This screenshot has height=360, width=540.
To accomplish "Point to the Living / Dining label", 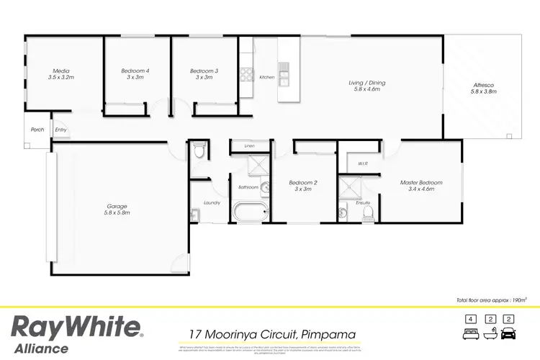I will (x=365, y=85).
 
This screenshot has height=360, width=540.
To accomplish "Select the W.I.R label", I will (x=363, y=163).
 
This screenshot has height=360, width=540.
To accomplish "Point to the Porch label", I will (x=37, y=130).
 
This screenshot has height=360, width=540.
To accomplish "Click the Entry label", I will (x=61, y=130).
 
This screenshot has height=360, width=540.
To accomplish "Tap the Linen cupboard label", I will (x=249, y=146).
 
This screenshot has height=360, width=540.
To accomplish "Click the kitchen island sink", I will (x=284, y=71).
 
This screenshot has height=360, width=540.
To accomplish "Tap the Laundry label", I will (x=212, y=203).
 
